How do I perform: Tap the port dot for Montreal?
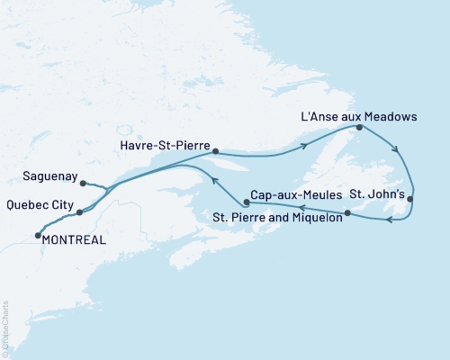point(38,236)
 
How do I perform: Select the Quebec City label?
point(39,204)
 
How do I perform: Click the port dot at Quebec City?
point(80,212)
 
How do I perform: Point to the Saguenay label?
point(44,177)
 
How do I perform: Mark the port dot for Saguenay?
point(83,184)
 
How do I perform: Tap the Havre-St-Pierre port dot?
point(215,151)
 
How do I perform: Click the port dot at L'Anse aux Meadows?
point(359,128)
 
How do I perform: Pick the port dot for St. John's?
point(410,198)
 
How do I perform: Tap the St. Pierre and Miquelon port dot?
point(347,213)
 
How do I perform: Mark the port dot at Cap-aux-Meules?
point(234,203)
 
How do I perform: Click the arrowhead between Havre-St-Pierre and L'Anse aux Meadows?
point(306,146)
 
